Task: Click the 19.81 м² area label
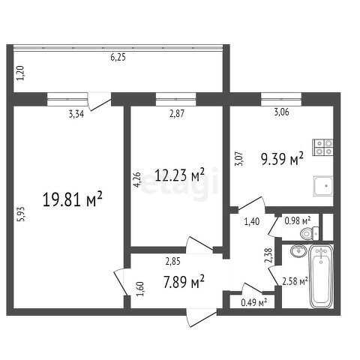point(73,199)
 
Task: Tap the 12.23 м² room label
point(180,175)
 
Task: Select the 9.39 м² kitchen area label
point(283,158)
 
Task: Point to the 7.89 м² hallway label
point(184,281)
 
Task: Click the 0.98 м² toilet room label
point(298,220)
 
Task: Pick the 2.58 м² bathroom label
point(295,281)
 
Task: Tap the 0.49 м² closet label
point(254,302)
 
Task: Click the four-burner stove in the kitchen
point(323,147)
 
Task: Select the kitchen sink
point(323,185)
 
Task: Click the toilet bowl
point(309,234)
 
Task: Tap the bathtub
point(321,276)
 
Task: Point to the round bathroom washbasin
point(298,250)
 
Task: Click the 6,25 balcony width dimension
point(118,58)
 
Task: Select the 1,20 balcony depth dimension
point(20,73)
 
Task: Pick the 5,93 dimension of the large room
point(21,214)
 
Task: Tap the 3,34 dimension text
point(76,114)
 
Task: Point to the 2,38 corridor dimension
point(268,256)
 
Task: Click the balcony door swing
point(100,101)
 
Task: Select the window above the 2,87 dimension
point(176,99)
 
